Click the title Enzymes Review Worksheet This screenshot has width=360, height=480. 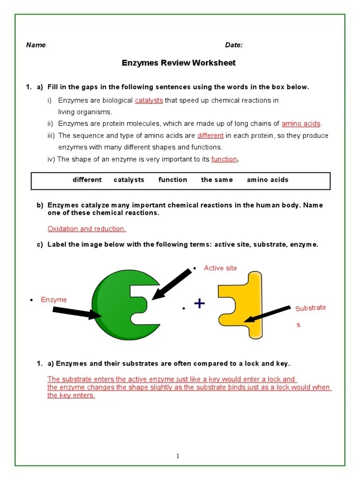(179, 63)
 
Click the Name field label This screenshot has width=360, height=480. (36, 45)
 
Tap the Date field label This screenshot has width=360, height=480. (233, 45)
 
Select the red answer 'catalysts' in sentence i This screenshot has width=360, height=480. (149, 100)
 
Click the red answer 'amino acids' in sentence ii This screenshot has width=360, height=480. (301, 124)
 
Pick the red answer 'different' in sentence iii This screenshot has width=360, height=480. (210, 135)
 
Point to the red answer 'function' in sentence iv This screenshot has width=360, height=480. (224, 159)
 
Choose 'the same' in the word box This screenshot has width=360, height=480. (217, 180)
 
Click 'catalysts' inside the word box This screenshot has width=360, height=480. (129, 180)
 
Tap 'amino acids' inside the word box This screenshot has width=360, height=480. (268, 180)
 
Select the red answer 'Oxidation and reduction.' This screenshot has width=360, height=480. (87, 229)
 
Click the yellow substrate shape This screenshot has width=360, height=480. (239, 305)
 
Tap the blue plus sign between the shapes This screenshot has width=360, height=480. (199, 304)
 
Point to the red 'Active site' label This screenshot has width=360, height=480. (220, 268)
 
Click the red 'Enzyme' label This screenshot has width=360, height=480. (53, 300)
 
